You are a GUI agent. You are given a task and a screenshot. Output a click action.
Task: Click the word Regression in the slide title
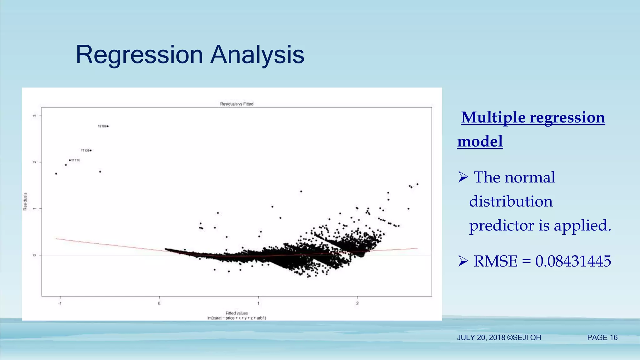tap(139, 55)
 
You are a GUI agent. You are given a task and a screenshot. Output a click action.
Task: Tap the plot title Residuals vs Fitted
tap(237, 104)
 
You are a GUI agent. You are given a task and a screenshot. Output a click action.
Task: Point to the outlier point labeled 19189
tap(107, 126)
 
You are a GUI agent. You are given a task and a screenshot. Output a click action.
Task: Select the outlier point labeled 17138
tap(91, 151)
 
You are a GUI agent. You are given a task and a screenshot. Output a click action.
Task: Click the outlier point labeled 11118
tap(70, 160)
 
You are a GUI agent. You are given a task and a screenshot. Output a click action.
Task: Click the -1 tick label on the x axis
tap(60, 303)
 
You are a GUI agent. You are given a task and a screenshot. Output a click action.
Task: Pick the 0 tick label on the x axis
tap(159, 303)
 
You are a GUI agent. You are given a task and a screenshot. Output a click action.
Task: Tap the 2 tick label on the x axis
tap(357, 303)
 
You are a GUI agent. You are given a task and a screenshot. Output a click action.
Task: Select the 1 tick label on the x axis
tap(258, 303)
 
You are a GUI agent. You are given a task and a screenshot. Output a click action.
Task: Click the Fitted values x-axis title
tap(237, 313)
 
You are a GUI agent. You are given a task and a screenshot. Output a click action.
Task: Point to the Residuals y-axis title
tap(25, 202)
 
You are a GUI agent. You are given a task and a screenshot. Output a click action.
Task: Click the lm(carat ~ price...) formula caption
tap(237, 318)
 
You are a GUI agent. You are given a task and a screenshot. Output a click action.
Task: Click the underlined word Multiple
tap(493, 118)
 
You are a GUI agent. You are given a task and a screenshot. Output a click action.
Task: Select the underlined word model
tap(480, 142)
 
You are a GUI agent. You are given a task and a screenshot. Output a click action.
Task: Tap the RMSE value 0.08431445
tap(573, 261)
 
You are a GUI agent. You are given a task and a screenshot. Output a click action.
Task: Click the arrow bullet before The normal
tap(463, 177)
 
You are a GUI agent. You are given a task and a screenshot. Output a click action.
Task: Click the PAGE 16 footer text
tap(602, 338)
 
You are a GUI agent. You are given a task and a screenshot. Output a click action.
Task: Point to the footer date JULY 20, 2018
tap(481, 338)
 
